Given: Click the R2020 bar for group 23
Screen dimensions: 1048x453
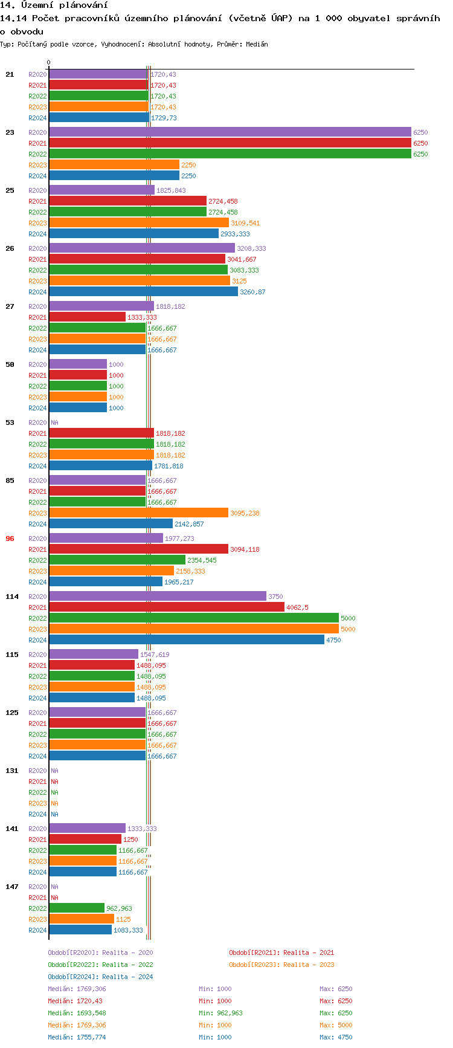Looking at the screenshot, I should [230, 132].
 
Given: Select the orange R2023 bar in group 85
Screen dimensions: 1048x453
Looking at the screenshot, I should [139, 513].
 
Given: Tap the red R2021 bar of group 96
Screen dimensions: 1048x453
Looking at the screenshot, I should [139, 549].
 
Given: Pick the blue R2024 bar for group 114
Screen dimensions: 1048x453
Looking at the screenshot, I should [187, 640].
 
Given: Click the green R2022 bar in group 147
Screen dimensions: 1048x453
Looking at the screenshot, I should [77, 908].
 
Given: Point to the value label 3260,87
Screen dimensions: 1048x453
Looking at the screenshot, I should [252, 292].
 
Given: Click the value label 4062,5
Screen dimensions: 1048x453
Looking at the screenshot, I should [297, 607].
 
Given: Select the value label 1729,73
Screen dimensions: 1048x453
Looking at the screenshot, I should [163, 118].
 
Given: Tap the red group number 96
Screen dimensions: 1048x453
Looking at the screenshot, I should [10, 539].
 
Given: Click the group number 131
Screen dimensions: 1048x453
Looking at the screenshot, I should [12, 771].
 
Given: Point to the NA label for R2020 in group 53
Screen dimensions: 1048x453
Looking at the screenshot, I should [54, 422].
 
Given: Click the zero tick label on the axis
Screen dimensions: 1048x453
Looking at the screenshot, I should [49, 63].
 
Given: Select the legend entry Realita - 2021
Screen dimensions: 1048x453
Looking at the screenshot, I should [281, 953].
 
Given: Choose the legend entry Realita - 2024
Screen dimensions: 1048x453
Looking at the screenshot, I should [100, 977].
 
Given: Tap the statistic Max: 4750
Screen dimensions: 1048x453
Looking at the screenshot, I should [336, 1037].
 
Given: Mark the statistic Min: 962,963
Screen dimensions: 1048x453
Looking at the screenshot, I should [220, 1013].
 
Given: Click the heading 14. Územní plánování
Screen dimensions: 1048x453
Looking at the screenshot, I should [54, 5].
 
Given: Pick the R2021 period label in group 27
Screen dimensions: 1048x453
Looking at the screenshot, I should [37, 317].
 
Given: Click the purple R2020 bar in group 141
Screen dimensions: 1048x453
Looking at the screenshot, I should [87, 829].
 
